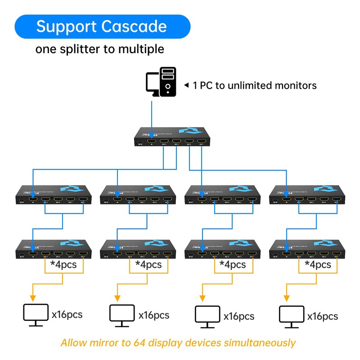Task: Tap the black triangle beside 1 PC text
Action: [x=186, y=85]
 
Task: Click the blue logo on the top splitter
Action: [x=188, y=131]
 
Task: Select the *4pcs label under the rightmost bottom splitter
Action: [x=318, y=264]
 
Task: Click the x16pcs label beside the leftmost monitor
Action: [x=67, y=314]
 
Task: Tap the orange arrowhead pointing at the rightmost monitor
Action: [x=286, y=298]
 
